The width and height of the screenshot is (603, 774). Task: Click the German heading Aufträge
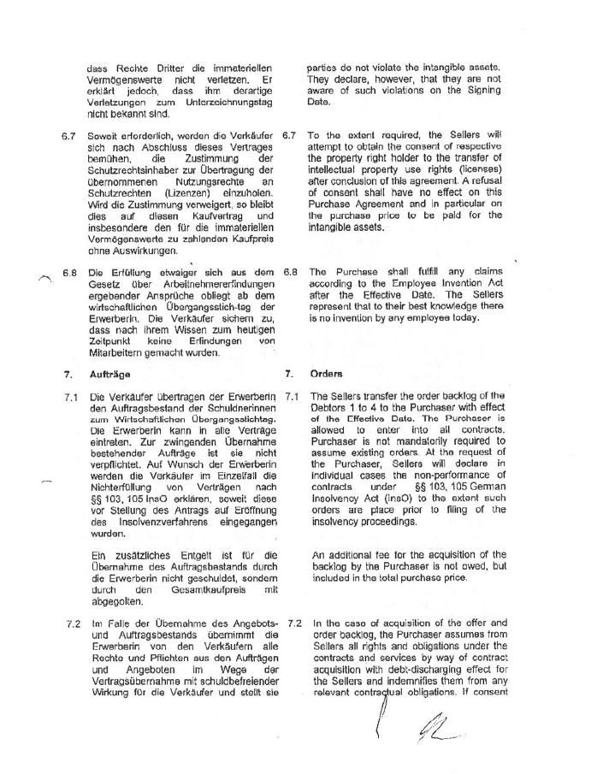pos(109,374)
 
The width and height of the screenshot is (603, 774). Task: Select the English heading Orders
pos(328,374)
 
